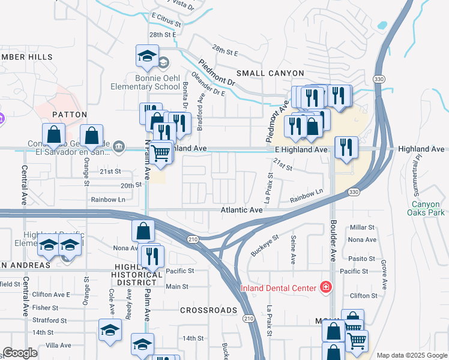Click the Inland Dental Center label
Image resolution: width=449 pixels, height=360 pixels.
point(278,288)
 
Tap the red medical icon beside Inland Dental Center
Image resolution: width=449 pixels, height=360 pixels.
point(325,287)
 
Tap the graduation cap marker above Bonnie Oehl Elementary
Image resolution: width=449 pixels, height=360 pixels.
point(147,56)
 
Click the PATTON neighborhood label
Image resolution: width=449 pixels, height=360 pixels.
point(70,114)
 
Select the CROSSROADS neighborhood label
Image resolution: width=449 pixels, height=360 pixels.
point(209,310)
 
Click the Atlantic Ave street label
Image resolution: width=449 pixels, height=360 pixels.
point(241,210)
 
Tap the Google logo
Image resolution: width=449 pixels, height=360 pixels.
point(20,353)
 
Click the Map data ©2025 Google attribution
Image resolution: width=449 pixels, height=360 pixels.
point(411,355)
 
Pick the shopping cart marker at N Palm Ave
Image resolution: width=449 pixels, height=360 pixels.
point(160,153)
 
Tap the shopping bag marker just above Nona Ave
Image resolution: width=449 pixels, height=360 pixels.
point(143,230)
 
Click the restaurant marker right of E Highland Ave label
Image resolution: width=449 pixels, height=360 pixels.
point(345,148)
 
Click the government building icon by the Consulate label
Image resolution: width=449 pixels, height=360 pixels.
point(119,146)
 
